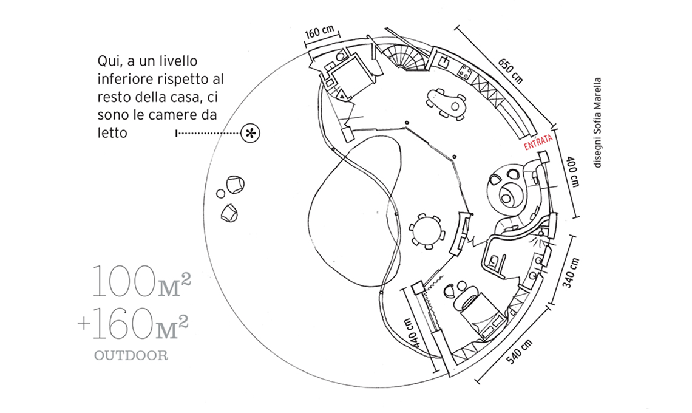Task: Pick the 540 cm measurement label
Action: pos(520,352)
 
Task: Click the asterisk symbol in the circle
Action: pos(250,133)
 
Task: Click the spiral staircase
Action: pos(405,56)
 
